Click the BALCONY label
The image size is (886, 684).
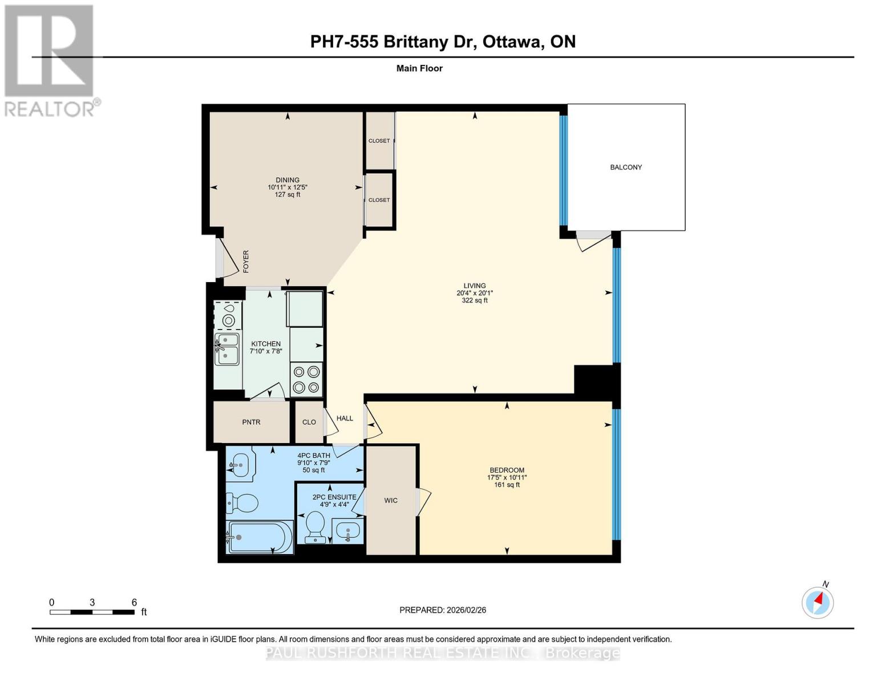tap(626, 167)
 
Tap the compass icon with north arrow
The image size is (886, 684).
tap(818, 602)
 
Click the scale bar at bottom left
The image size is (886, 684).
tap(92, 612)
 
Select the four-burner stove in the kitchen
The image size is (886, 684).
tap(306, 380)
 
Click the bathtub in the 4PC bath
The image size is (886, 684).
tap(260, 537)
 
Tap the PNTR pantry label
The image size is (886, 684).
tap(251, 422)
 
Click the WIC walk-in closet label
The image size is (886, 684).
tap(391, 500)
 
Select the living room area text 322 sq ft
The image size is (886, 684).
tap(475, 300)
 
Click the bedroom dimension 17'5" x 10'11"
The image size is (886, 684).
tap(507, 478)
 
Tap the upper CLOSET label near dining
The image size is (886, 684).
tap(379, 141)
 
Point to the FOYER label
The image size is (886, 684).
tap(246, 261)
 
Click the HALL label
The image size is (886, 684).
tap(345, 418)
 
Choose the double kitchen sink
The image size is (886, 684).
tap(226, 349)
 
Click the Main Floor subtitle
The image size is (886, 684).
tap(419, 68)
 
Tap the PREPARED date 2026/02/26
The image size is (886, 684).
tap(443, 610)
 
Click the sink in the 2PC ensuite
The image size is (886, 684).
tap(347, 531)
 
